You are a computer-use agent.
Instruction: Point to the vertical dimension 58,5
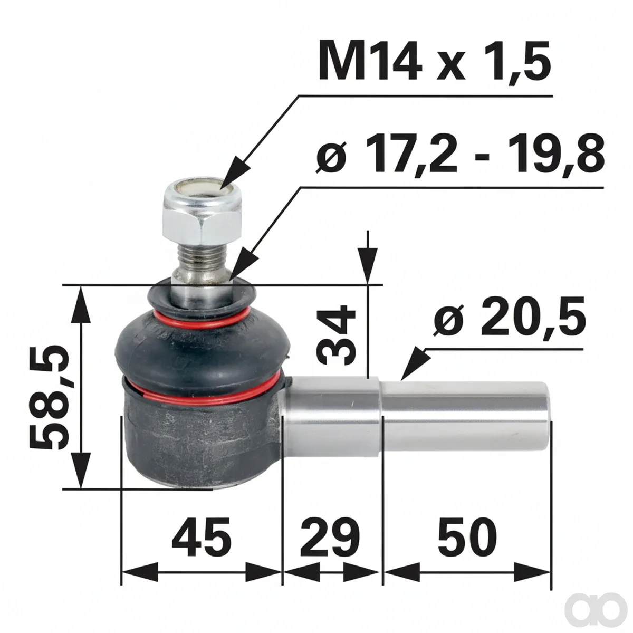pyautogui.click(x=49, y=398)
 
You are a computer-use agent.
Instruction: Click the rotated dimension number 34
pyautogui.click(x=335, y=335)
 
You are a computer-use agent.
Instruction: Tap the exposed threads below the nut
pyautogui.click(x=200, y=258)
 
